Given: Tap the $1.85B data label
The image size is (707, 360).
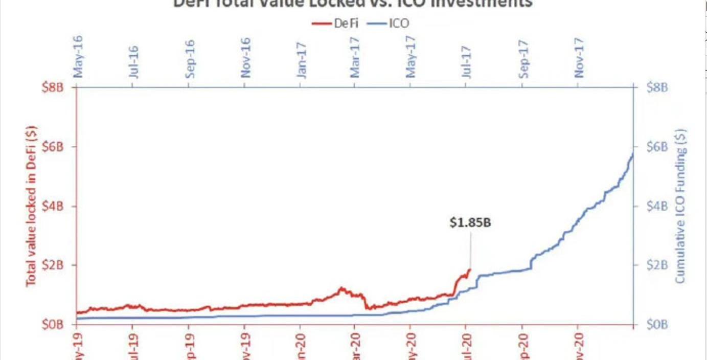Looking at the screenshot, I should (470, 222).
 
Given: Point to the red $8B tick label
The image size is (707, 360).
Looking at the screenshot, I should (53, 87).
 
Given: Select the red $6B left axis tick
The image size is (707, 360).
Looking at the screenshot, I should (53, 147).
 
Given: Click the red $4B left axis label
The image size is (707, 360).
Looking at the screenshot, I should (53, 206).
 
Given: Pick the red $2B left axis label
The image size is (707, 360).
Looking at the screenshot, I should (53, 265).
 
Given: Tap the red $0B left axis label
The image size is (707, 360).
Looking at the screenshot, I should (53, 324).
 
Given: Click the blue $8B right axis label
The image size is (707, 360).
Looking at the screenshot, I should (657, 87).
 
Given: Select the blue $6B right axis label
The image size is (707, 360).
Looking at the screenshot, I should (657, 147).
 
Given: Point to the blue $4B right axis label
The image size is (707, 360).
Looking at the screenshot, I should (657, 206).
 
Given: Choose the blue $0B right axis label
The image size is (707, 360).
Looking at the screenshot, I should (657, 324).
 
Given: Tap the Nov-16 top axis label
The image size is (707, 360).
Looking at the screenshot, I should (246, 57).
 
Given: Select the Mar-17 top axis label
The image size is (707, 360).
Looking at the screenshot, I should (356, 57).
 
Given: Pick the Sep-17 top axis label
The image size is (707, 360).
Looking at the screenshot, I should (523, 57).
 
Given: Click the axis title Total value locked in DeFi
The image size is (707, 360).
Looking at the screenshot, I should (31, 206).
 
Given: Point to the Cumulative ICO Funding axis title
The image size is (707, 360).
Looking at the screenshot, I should (680, 206).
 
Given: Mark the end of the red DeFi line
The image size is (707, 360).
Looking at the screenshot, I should (470, 269).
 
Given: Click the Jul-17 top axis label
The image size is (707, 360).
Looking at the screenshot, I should (467, 60).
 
